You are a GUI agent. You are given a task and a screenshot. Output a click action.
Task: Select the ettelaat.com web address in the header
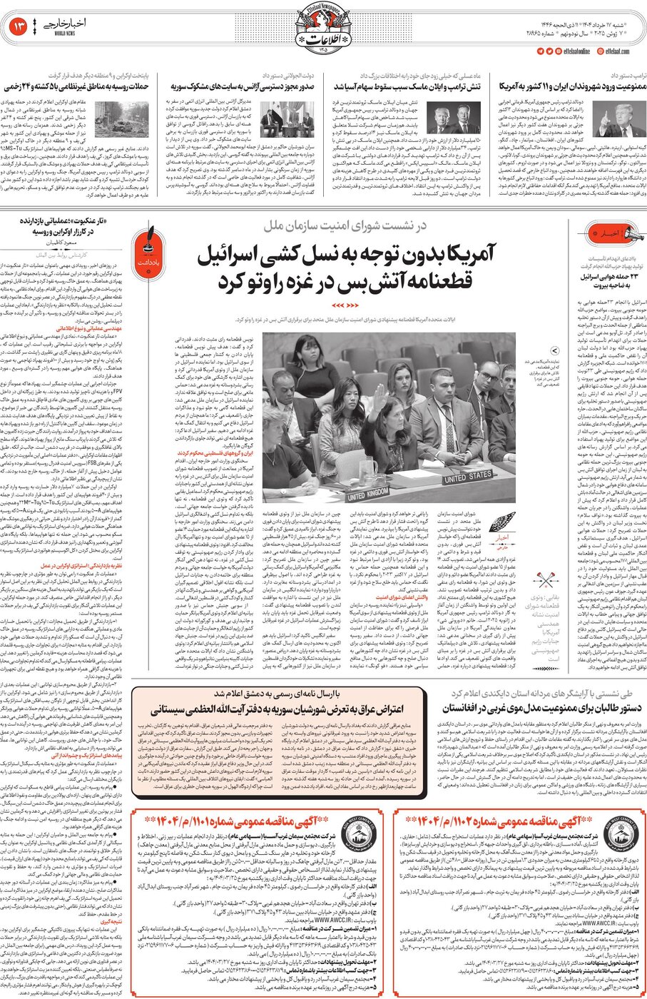coord(618,51)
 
